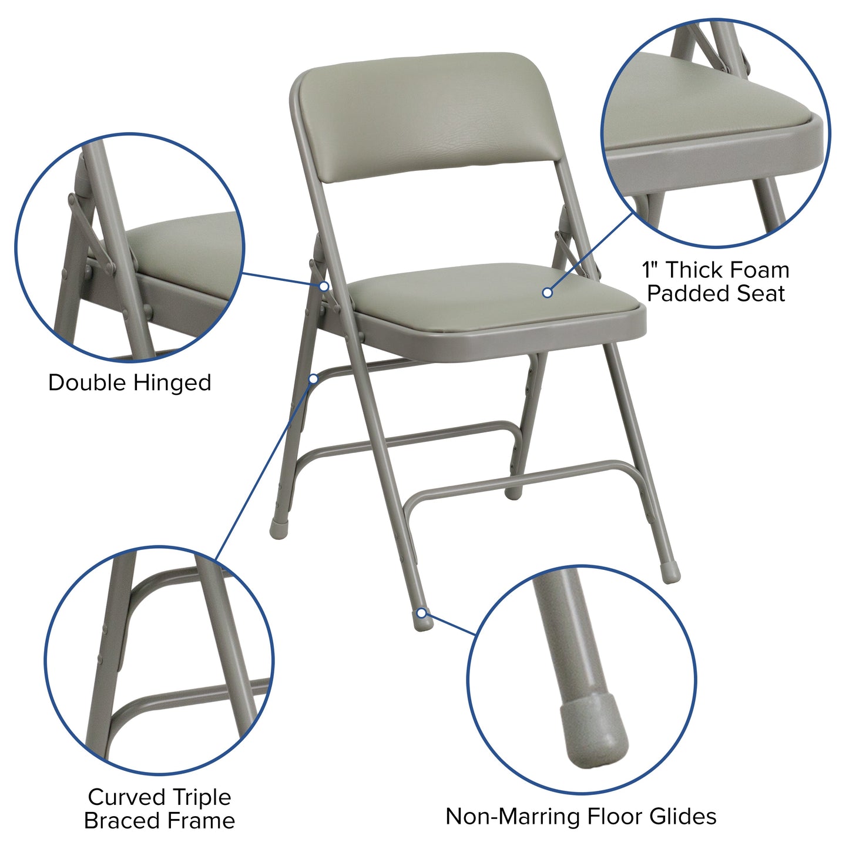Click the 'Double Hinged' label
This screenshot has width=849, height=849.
[x=129, y=382]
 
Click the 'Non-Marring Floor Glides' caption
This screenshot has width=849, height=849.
[x=580, y=816]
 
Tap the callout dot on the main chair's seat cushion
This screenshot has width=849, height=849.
[x=547, y=292]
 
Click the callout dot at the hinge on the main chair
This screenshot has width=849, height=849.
[x=324, y=286]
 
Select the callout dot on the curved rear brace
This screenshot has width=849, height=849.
[x=314, y=379]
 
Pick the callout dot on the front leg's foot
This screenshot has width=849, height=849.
[x=421, y=613]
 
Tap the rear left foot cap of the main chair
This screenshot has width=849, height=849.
[x=277, y=528]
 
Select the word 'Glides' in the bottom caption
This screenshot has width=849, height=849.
[x=683, y=816]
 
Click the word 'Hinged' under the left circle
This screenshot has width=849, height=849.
[x=172, y=382]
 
